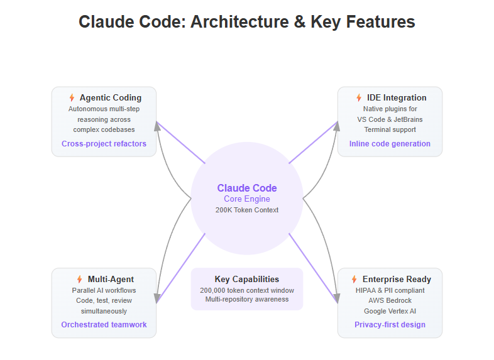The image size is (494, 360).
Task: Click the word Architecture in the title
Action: [x=239, y=22]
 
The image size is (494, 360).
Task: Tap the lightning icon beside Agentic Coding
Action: [x=72, y=97]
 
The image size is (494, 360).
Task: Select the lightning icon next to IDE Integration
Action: [x=359, y=97]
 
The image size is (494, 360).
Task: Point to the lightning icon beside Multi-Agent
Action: [x=80, y=279]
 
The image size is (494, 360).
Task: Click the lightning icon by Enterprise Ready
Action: [x=354, y=279]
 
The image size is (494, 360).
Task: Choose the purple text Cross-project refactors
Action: [x=104, y=144]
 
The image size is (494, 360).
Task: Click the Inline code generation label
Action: [x=390, y=144]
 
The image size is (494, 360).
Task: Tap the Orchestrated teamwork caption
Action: [x=104, y=325]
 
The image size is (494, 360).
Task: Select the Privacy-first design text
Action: [x=390, y=325]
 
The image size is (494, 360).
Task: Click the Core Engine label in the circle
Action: [x=247, y=199]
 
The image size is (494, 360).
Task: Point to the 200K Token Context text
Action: [x=247, y=210]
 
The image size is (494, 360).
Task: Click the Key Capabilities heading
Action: [x=247, y=280]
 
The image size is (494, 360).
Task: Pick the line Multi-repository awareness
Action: [x=247, y=299]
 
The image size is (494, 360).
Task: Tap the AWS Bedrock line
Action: [x=390, y=300]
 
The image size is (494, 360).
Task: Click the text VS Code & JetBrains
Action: [x=390, y=119]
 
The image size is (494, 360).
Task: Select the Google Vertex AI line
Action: [x=390, y=311]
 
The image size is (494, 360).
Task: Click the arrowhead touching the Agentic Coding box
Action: [x=157, y=126]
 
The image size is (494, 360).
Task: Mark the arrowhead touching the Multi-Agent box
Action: [x=157, y=298]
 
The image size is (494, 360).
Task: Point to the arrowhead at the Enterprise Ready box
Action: [x=337, y=298]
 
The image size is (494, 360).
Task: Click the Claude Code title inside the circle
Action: [x=247, y=188]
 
